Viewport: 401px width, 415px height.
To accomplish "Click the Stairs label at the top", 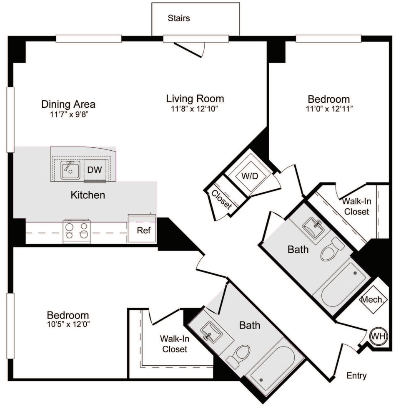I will click(179, 18).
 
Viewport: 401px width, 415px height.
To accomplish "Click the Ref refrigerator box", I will click(141, 230).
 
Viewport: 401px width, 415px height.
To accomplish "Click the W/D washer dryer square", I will click(250, 176).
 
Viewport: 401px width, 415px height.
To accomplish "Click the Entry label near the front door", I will click(357, 376).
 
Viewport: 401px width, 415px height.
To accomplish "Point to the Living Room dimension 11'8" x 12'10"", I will click(195, 109).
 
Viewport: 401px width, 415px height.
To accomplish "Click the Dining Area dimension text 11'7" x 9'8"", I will click(68, 114).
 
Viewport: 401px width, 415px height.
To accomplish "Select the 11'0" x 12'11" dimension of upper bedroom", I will click(328, 109).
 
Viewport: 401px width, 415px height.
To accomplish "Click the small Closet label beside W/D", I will click(221, 199).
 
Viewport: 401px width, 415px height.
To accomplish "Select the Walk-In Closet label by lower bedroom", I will click(175, 344).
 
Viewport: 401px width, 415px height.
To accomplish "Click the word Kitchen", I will click(88, 195).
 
